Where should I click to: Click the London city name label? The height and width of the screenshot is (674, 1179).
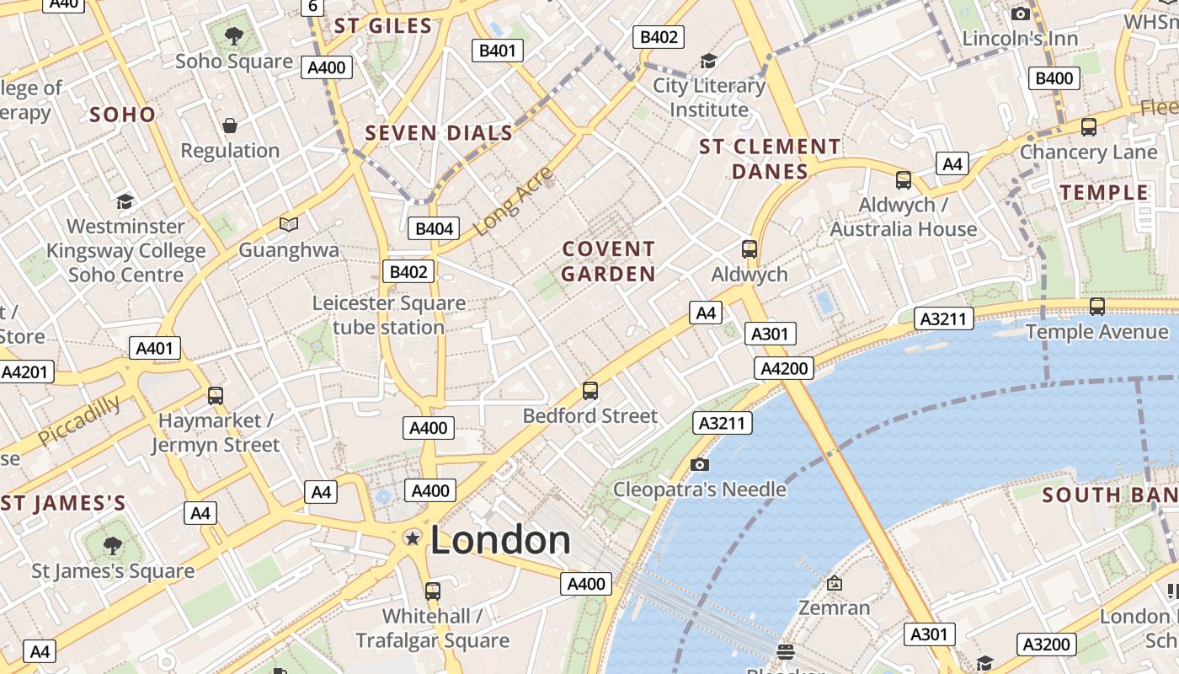(x=500, y=540)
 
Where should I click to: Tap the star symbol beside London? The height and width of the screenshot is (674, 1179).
(x=412, y=538)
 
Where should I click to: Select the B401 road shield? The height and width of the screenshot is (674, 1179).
(x=497, y=51)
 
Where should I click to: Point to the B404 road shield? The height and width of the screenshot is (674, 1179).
(x=435, y=228)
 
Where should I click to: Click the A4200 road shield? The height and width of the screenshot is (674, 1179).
(x=785, y=368)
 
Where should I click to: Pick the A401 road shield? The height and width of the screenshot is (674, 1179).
(x=155, y=348)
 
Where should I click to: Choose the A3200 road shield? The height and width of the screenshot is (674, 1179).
(x=1046, y=645)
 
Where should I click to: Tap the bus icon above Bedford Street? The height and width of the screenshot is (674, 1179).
(x=590, y=391)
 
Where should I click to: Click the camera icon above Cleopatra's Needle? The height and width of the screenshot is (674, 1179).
(x=699, y=464)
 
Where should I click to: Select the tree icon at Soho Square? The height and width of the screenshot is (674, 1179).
(x=234, y=36)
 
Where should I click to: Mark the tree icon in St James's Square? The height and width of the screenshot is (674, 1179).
(x=112, y=546)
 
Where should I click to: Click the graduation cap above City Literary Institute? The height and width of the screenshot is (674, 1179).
(x=708, y=61)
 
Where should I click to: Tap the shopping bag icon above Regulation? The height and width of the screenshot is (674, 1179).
(x=230, y=126)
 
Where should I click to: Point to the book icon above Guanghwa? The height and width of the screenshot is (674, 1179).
(x=289, y=224)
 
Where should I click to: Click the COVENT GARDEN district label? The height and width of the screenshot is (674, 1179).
(x=608, y=261)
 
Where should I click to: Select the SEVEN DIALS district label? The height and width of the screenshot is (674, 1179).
(x=439, y=133)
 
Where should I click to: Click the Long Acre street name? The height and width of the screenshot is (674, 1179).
(x=513, y=201)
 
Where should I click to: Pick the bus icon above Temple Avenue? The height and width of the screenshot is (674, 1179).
(x=1096, y=307)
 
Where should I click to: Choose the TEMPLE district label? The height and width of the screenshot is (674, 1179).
(x=1104, y=193)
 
